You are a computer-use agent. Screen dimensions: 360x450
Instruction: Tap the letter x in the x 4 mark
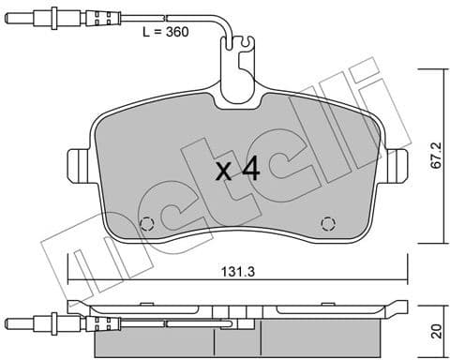pos(222,172)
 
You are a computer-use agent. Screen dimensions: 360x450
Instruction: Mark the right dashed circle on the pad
pos(327,222)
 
